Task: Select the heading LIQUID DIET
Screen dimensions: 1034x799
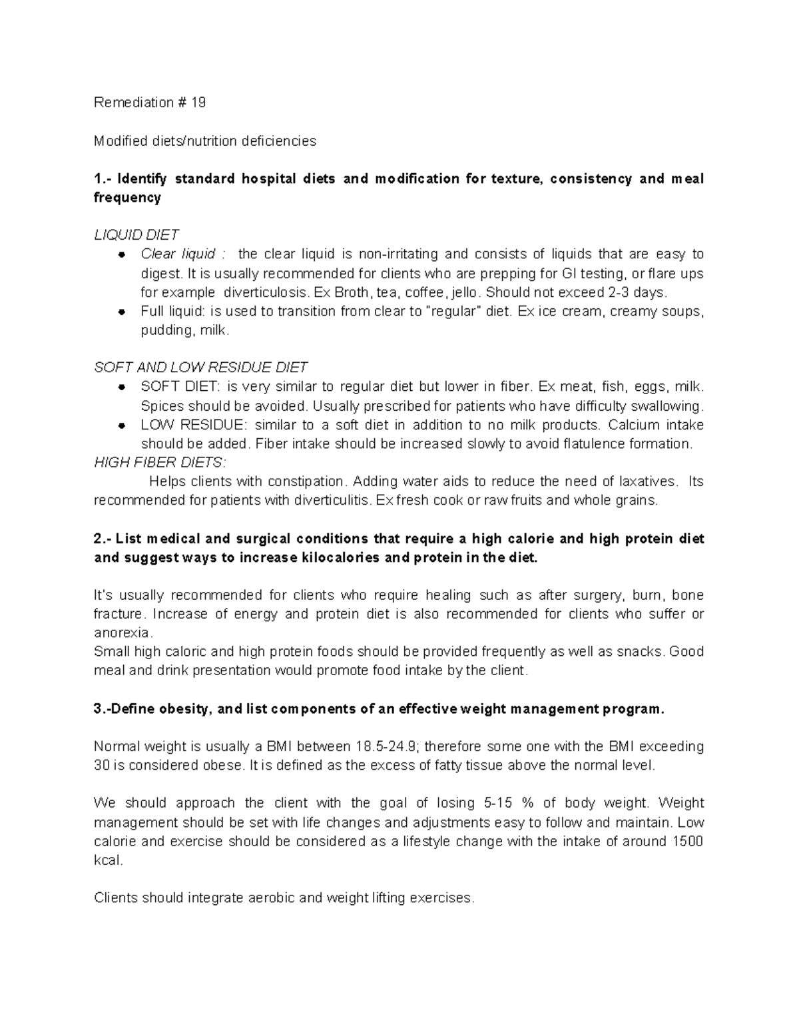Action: [136, 235]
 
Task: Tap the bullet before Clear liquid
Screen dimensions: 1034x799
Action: [121, 254]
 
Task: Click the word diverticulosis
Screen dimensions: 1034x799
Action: [266, 292]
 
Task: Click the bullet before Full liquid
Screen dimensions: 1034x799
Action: [121, 312]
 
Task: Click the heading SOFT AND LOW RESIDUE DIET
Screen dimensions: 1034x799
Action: [200, 368]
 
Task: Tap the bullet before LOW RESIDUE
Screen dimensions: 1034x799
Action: [121, 425]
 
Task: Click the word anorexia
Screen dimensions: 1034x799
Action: [123, 633]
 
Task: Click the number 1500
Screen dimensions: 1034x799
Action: [688, 841]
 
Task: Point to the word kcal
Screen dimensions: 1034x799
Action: [108, 860]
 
